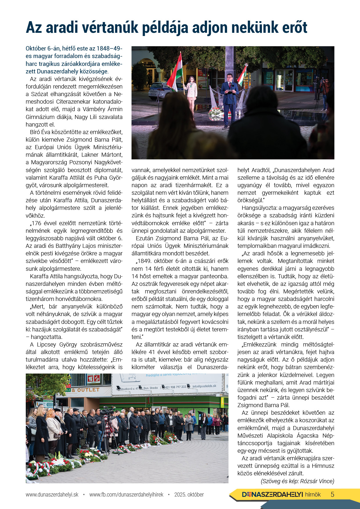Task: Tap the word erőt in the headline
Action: (x=293, y=28)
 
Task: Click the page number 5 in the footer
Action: (x=332, y=494)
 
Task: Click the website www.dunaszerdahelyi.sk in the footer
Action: (x=52, y=494)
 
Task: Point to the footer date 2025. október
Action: (x=189, y=494)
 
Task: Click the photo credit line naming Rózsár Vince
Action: (x=297, y=481)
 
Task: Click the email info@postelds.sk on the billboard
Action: (x=204, y=386)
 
